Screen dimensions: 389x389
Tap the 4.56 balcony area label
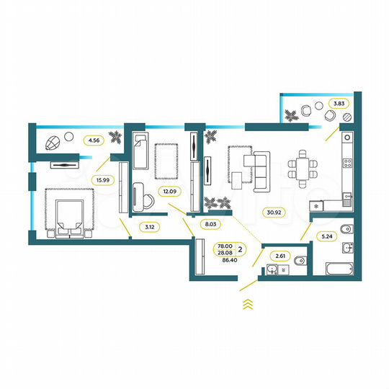[x=93, y=140]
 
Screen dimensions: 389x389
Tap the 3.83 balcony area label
[x=338, y=104]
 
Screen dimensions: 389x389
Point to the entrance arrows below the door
[x=246, y=303]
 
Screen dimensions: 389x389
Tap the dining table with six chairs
[x=302, y=167]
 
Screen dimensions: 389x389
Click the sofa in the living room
[x=259, y=169]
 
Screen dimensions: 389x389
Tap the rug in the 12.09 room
[x=165, y=161]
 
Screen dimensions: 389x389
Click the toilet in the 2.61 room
[x=301, y=260]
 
